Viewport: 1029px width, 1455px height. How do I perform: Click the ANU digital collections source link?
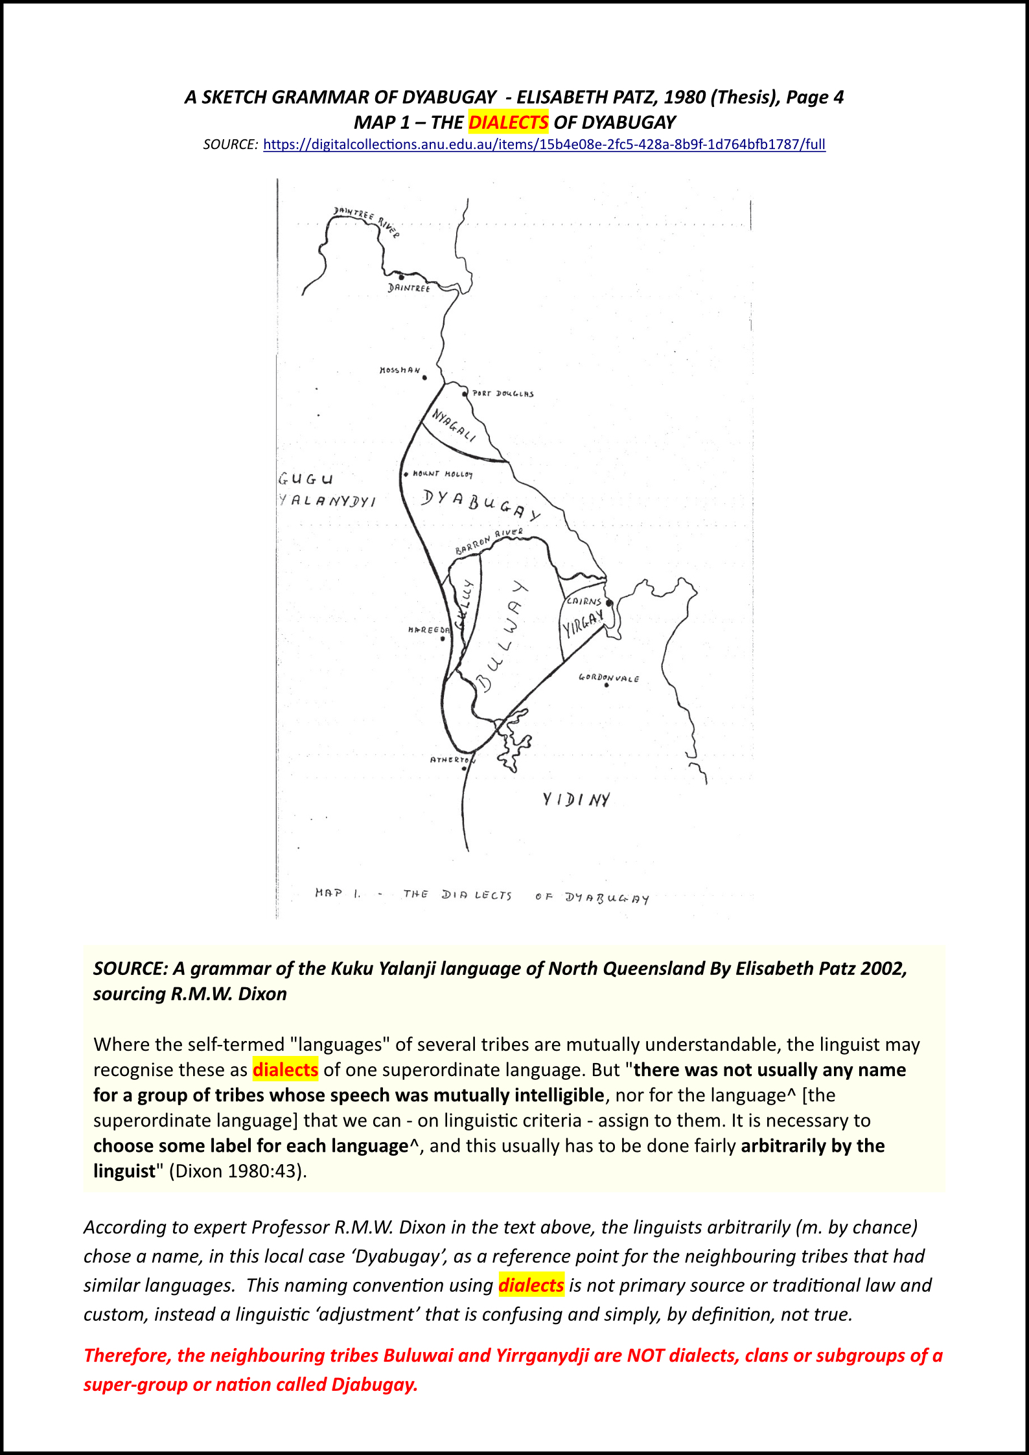point(544,144)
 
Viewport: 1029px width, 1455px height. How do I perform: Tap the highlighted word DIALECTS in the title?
point(509,122)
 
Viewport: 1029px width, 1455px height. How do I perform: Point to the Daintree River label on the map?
point(366,220)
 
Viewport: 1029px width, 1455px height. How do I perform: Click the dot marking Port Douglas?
point(465,393)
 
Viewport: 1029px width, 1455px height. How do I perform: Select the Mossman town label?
point(399,371)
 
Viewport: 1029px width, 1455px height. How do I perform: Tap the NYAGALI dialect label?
point(454,425)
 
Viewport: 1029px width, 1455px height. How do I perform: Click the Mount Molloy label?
point(443,474)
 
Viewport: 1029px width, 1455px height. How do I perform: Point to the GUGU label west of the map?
point(305,479)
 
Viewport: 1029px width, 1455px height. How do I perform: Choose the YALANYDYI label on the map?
point(327,501)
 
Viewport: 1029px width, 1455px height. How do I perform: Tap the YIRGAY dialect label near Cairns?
point(583,623)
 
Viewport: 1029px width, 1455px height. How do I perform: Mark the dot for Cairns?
point(609,603)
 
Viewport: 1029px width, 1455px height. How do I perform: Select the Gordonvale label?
point(608,678)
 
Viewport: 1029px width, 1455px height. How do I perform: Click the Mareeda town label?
point(428,630)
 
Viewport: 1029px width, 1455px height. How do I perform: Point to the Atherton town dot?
point(464,768)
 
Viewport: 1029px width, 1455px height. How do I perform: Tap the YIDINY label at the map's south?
point(576,799)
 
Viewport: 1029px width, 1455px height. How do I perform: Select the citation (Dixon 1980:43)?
point(238,1171)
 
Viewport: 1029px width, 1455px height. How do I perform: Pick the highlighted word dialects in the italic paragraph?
point(531,1285)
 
